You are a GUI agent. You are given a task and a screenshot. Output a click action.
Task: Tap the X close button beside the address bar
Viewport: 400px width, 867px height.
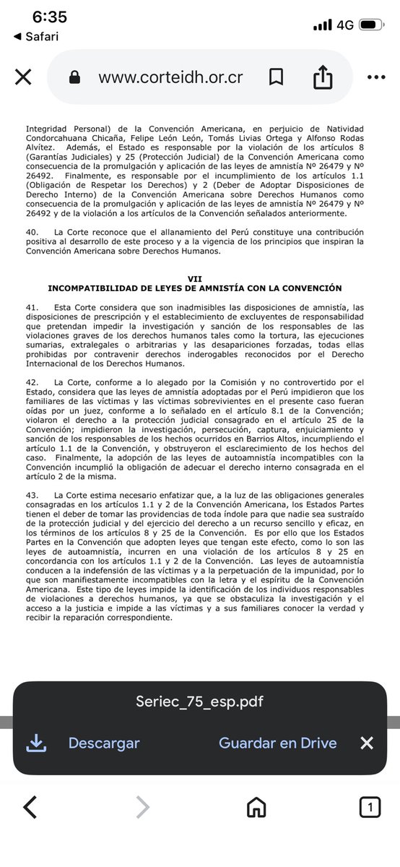tap(23, 77)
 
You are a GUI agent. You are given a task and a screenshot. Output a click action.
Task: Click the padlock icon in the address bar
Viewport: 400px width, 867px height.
tap(74, 77)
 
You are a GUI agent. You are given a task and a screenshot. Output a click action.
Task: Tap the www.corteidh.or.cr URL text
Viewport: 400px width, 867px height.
tap(170, 77)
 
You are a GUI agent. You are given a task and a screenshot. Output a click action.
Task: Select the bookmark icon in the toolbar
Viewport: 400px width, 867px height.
tap(276, 77)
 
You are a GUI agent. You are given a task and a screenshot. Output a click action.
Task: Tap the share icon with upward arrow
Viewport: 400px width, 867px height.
tap(323, 77)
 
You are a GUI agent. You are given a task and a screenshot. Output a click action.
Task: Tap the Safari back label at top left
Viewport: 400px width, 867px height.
tap(37, 36)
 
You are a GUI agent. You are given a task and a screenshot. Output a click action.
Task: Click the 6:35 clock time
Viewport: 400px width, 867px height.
tap(49, 17)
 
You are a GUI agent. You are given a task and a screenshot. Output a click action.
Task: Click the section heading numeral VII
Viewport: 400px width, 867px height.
tap(194, 278)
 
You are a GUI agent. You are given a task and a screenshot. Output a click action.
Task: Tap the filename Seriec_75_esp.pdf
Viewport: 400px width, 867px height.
tap(199, 702)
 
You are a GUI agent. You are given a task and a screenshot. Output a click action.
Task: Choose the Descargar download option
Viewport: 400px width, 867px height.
tap(104, 743)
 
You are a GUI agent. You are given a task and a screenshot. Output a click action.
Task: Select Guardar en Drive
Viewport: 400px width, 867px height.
tap(278, 743)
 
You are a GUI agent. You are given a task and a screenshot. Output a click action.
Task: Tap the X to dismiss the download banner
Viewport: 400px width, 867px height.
tap(367, 743)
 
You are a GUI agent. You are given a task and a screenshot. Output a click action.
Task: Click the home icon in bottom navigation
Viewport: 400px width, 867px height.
tap(256, 807)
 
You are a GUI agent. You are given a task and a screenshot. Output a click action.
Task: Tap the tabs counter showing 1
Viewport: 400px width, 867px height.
tap(370, 807)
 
